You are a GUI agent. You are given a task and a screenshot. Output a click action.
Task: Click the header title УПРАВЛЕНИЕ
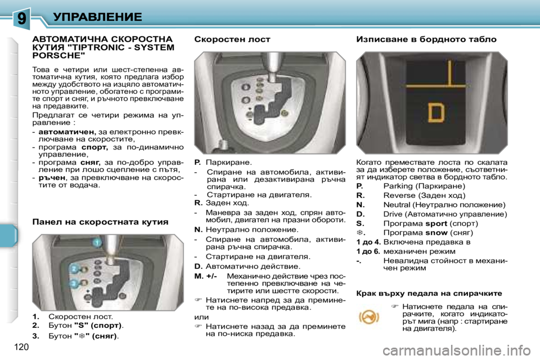[97, 16]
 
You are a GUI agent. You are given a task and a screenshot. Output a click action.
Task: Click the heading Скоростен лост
[232, 39]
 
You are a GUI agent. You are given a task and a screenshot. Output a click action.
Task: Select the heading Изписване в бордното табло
[426, 39]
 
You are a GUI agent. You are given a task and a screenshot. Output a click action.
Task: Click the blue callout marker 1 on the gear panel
[96, 242]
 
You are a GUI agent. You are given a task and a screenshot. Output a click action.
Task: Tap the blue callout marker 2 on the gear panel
[74, 269]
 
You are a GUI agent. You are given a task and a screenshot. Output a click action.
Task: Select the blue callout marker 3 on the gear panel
[74, 284]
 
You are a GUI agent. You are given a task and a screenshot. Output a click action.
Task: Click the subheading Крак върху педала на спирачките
[429, 293]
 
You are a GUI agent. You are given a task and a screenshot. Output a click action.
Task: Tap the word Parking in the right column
[399, 186]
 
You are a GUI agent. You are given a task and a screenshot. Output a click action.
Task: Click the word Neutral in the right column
[398, 205]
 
